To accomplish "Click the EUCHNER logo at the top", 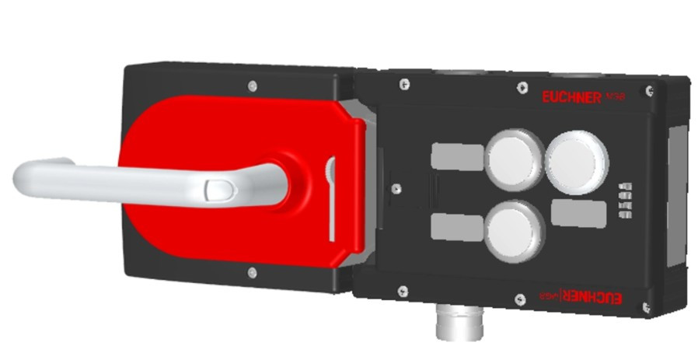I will click(571, 97).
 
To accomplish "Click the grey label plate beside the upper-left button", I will click(455, 156).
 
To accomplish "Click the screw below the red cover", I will click(251, 271).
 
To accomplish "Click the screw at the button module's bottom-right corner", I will click(647, 308).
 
